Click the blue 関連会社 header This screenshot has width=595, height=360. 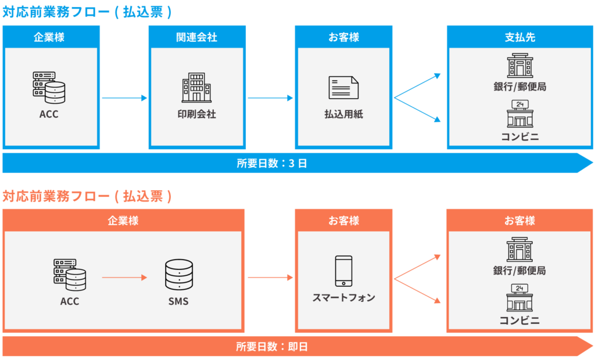196,37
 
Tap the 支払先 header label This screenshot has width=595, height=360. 520,37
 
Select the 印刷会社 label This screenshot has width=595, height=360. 196,114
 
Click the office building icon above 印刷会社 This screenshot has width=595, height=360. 196,87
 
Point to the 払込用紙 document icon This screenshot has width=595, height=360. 343,88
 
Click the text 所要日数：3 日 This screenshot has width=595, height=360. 271,164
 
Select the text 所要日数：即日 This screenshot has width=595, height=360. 271,347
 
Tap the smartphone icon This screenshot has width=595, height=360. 343,271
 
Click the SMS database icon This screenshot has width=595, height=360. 178,275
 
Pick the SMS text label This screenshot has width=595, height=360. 178,301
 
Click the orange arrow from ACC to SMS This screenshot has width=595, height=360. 124,278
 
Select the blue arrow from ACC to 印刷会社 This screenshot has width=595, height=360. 124,98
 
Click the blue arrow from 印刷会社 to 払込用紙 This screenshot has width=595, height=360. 270,98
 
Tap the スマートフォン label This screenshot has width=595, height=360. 343,298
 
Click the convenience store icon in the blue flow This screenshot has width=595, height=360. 520,114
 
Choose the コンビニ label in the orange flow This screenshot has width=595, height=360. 520,321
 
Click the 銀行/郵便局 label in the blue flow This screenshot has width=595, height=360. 520,87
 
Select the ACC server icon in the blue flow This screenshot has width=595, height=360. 49,87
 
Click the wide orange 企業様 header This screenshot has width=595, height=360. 123,221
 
